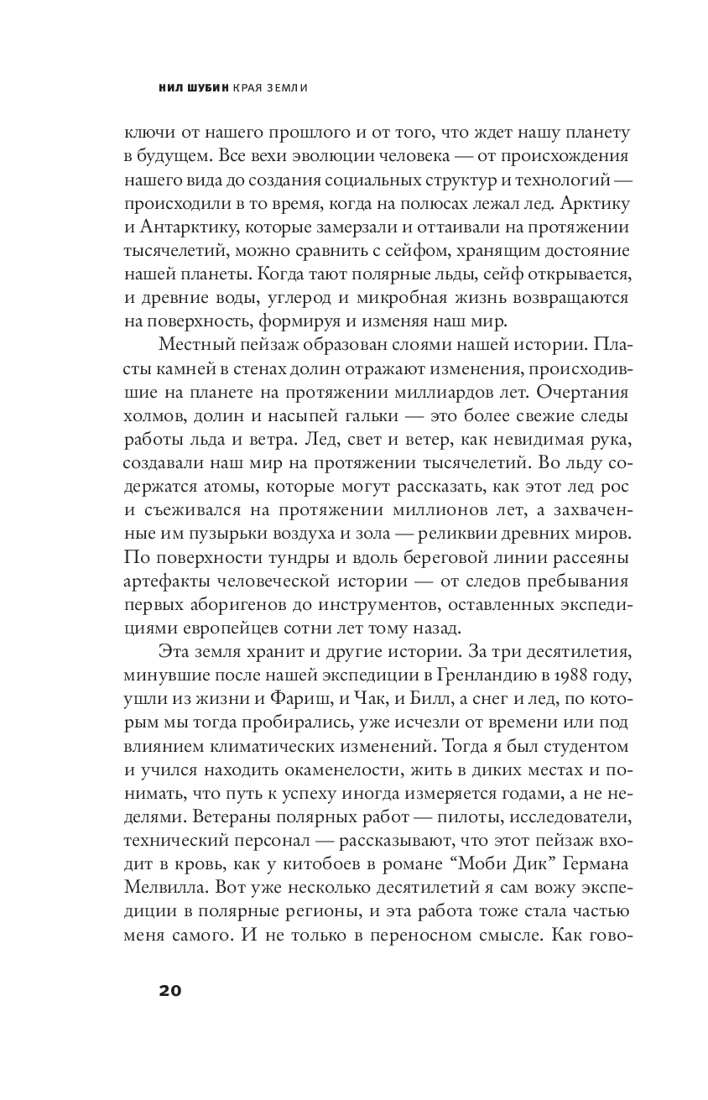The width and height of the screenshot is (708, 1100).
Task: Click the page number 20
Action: (169, 990)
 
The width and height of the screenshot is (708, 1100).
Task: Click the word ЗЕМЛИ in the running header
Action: (279, 86)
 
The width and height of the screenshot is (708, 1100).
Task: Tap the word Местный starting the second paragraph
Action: (198, 345)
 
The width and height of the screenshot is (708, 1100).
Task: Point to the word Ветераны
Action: (216, 816)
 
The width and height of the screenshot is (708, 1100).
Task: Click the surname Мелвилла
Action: (168, 888)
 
